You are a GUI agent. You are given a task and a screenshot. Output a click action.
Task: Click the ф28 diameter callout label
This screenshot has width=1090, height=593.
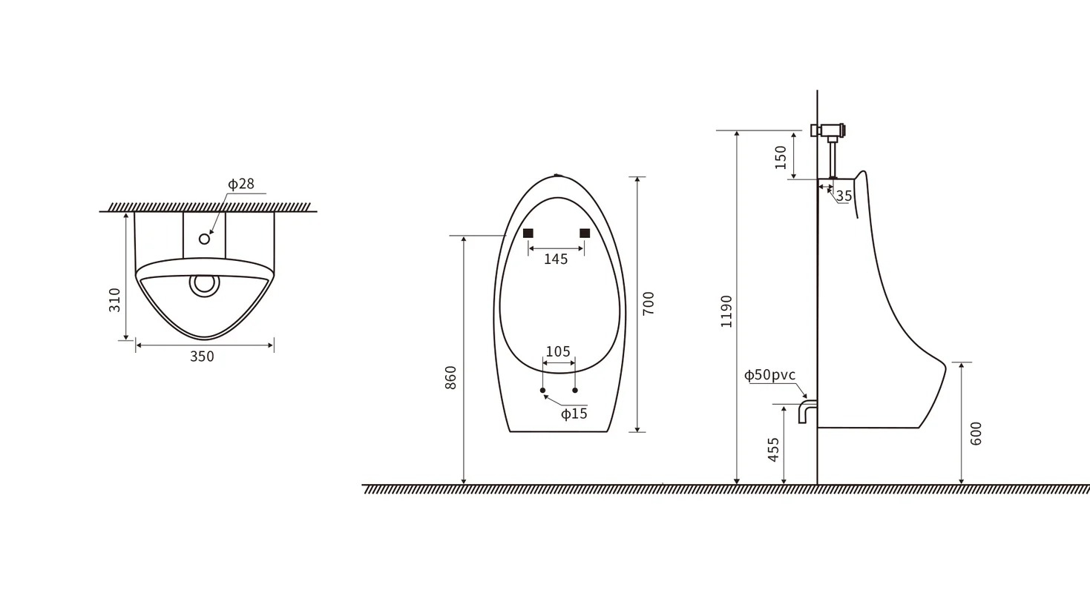241,184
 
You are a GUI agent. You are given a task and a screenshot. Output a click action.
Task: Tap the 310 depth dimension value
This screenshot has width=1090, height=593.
114,300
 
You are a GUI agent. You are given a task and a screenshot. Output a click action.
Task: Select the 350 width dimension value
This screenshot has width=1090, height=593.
202,357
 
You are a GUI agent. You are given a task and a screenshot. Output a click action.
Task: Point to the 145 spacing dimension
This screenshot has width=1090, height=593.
556,259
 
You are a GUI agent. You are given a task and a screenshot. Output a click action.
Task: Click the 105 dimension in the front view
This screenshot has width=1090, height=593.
558,351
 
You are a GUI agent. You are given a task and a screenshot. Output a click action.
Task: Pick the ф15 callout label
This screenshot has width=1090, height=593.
574,414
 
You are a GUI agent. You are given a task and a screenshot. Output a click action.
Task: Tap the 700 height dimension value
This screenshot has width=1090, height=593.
649,303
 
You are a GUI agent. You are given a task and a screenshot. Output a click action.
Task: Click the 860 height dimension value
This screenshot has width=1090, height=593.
451,377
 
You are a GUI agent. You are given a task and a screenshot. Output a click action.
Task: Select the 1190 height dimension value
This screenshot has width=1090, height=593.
726,311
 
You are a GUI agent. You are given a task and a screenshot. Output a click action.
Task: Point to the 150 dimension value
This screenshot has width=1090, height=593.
781,157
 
